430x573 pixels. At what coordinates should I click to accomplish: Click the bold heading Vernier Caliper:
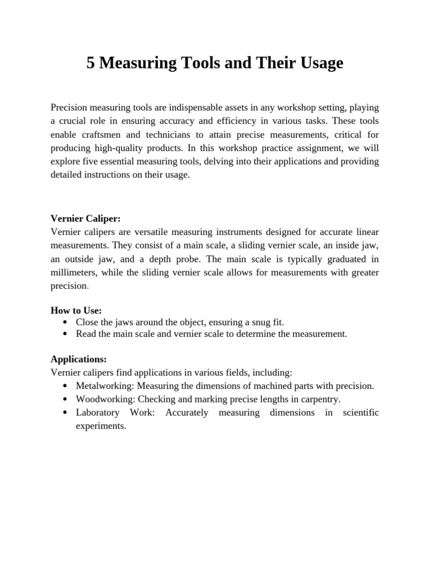(86, 219)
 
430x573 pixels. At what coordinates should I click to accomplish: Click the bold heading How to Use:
(76, 310)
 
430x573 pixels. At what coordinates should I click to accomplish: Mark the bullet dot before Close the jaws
(66, 322)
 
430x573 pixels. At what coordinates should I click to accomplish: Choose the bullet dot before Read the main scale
(66, 335)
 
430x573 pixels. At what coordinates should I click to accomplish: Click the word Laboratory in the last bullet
(97, 413)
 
